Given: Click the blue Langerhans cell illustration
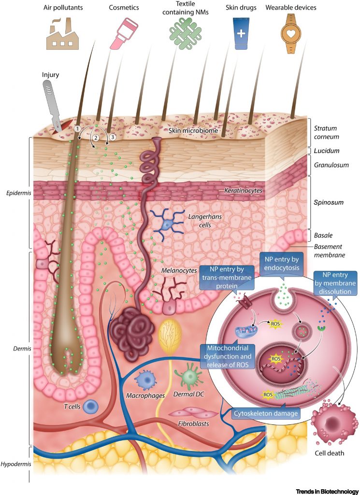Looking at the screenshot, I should (167, 224).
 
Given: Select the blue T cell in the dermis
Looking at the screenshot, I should (91, 407).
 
